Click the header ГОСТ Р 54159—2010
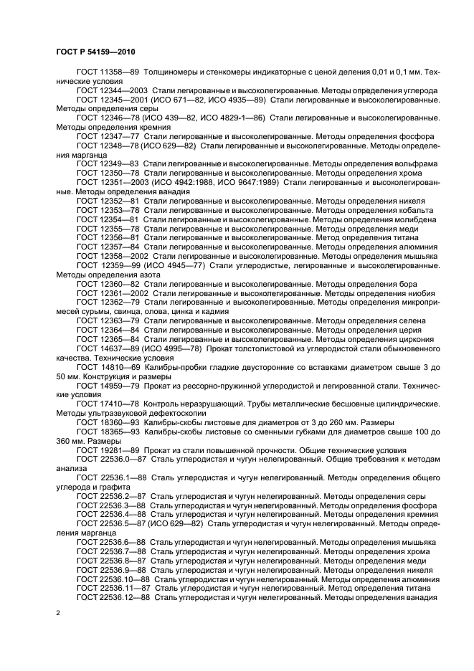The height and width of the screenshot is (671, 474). (x=95, y=52)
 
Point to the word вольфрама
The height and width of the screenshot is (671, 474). (x=417, y=164)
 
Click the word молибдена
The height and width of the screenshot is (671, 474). (x=414, y=219)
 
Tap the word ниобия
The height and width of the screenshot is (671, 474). (x=422, y=293)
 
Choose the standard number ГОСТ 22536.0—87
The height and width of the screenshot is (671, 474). (x=110, y=459)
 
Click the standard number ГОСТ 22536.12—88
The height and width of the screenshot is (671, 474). (x=113, y=597)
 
